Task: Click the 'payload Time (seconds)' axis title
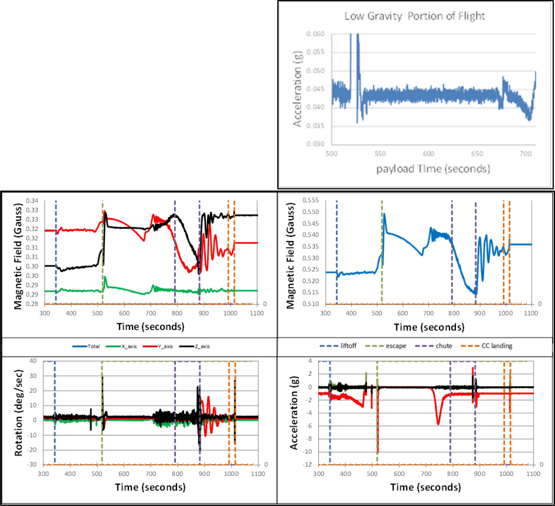pyautogui.click(x=433, y=169)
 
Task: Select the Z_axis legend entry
pyautogui.click(x=202, y=347)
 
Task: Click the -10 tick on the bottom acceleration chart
pyautogui.click(x=308, y=452)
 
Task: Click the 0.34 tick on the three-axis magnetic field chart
pyautogui.click(x=32, y=201)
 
